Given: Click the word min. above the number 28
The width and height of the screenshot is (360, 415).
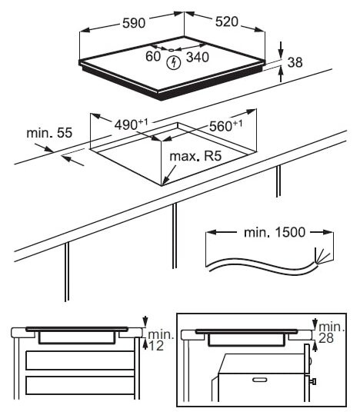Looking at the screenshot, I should pyautogui.click(x=332, y=327).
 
